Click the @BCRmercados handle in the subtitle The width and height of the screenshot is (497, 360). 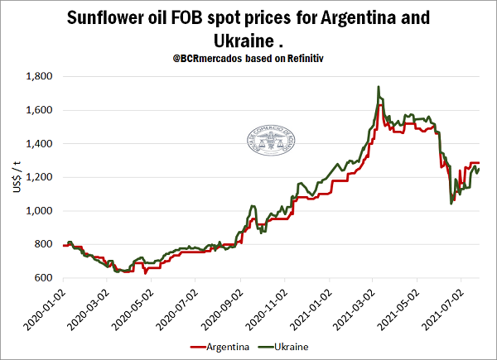pyautogui.click(x=215, y=60)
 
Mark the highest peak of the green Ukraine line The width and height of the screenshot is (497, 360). pyautogui.click(x=379, y=86)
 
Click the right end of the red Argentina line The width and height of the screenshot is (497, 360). pyautogui.click(x=480, y=163)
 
